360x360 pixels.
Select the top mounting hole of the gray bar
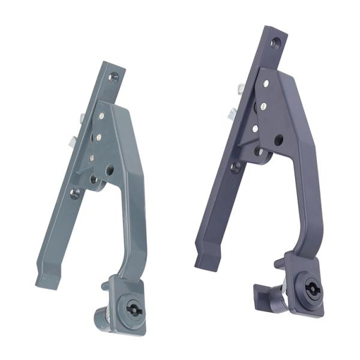(113, 77)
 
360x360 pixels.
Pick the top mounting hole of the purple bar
(275, 43)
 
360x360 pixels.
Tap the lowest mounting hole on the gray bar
(75, 193)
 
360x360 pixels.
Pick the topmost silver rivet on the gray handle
(101, 116)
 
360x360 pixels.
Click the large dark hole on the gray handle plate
(109, 170)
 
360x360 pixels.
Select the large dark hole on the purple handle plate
(278, 140)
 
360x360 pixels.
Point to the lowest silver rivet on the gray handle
(92, 158)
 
